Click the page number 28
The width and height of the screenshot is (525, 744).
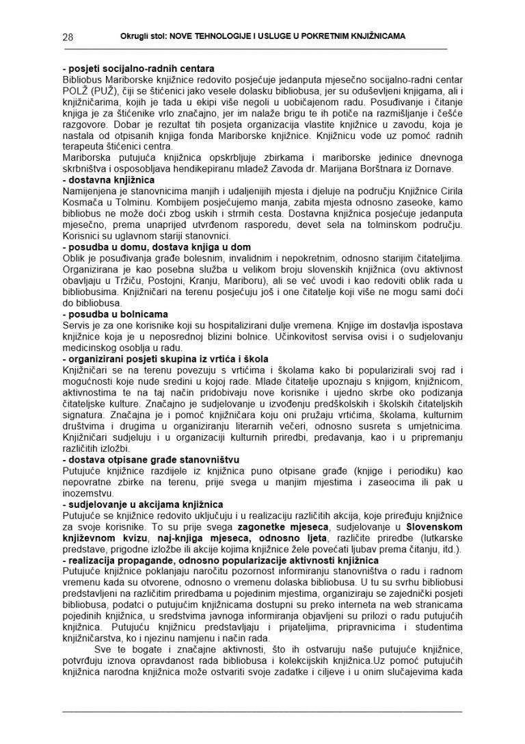click(x=67, y=38)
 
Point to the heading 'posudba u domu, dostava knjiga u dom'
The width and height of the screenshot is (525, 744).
click(x=157, y=246)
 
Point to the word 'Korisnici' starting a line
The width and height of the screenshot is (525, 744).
click(x=81, y=236)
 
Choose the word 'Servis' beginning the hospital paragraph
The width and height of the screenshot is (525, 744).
click(x=75, y=324)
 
